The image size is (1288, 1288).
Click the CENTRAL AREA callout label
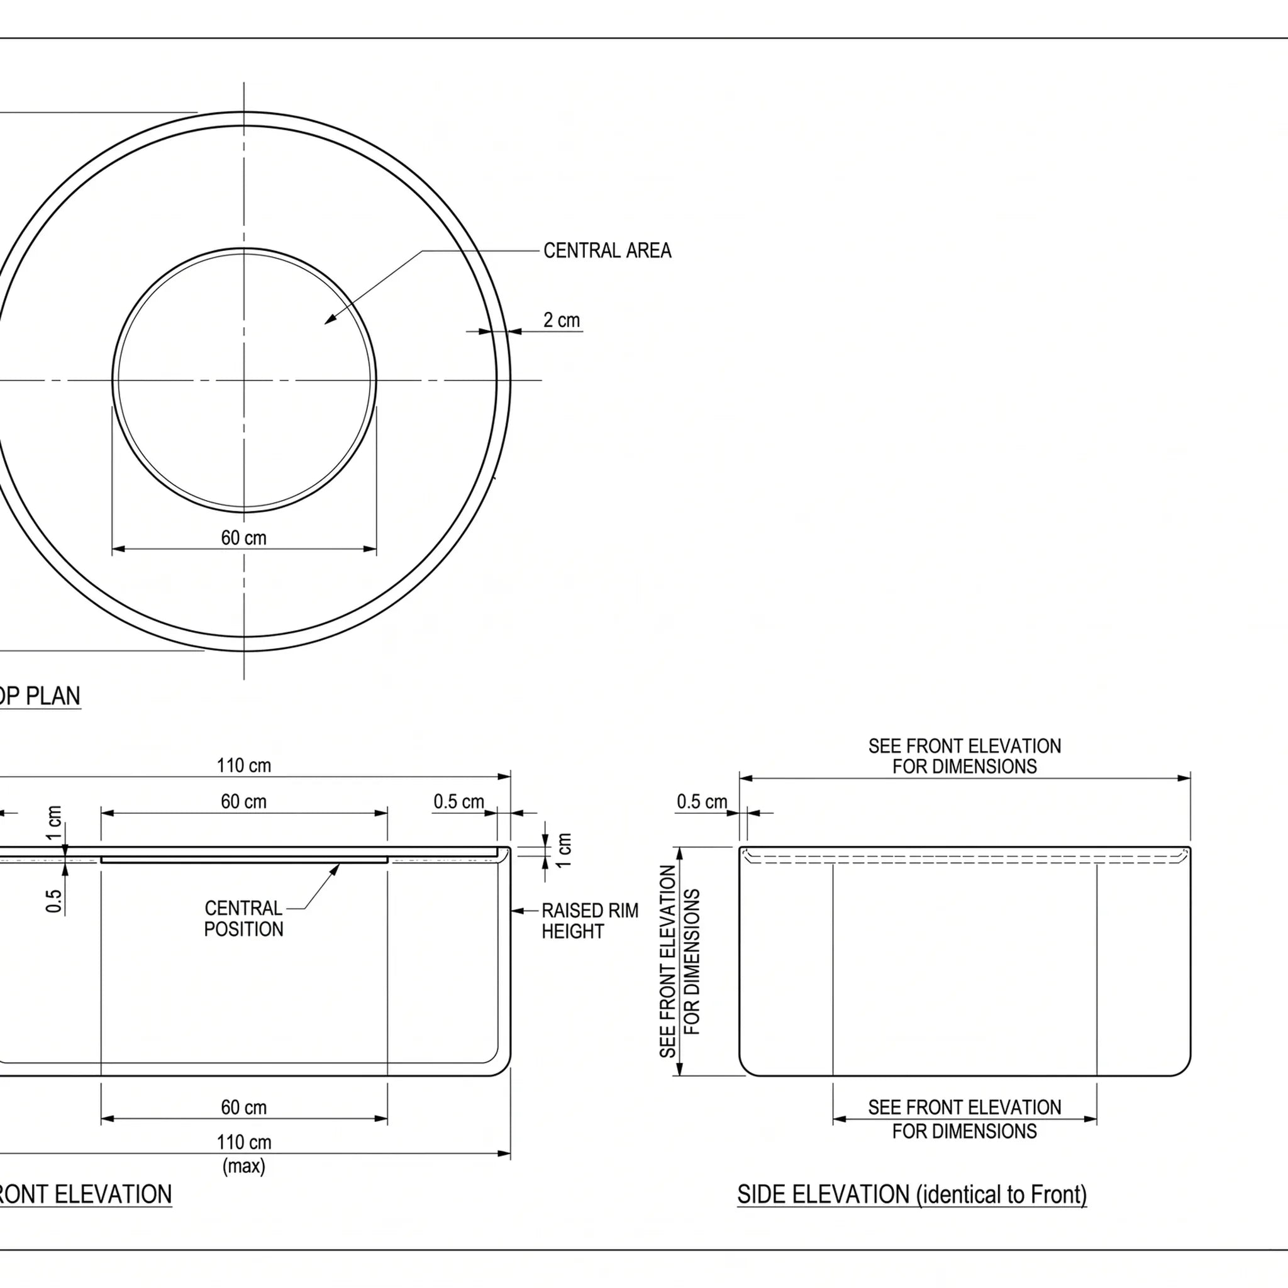click(608, 251)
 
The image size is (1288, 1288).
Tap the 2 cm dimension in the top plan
click(562, 320)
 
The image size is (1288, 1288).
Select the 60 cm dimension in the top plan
click(244, 537)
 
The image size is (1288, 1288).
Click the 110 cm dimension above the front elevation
click(244, 765)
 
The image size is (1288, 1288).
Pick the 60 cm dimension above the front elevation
click(244, 801)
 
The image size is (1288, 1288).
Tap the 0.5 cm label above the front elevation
click(458, 801)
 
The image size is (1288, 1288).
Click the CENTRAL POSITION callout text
click(243, 919)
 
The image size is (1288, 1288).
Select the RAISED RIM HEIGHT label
click(590, 921)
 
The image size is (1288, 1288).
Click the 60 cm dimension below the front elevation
click(244, 1108)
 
